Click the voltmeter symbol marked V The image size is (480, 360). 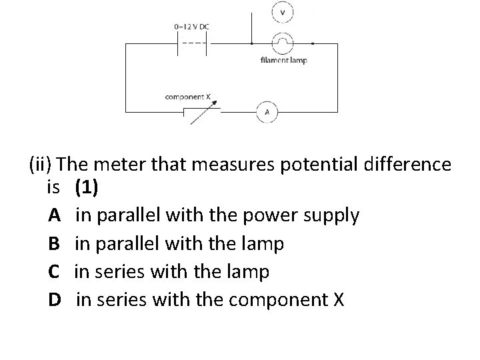tap(283, 13)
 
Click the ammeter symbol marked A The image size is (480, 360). tap(267, 112)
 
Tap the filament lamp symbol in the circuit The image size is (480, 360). tap(283, 43)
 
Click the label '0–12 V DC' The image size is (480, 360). tap(191, 26)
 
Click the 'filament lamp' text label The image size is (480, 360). tap(284, 61)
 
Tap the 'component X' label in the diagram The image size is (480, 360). tap(188, 97)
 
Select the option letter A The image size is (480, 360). tap(55, 215)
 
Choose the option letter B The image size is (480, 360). tap(55, 244)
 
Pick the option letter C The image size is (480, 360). tap(55, 272)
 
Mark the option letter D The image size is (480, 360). tap(55, 300)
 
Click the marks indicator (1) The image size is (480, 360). tap(87, 188)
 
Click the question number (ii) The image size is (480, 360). tap(41, 164)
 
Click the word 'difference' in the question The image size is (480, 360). tap(409, 164)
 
